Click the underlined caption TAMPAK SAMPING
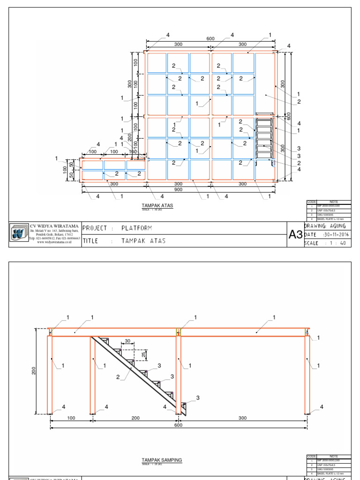(162, 460)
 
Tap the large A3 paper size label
(295, 235)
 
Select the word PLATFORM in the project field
(137, 228)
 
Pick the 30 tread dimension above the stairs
(127, 341)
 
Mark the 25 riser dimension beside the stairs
(144, 355)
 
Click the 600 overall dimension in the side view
(178, 425)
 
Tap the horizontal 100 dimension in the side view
(71, 418)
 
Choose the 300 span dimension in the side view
(242, 418)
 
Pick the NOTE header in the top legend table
(333, 202)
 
